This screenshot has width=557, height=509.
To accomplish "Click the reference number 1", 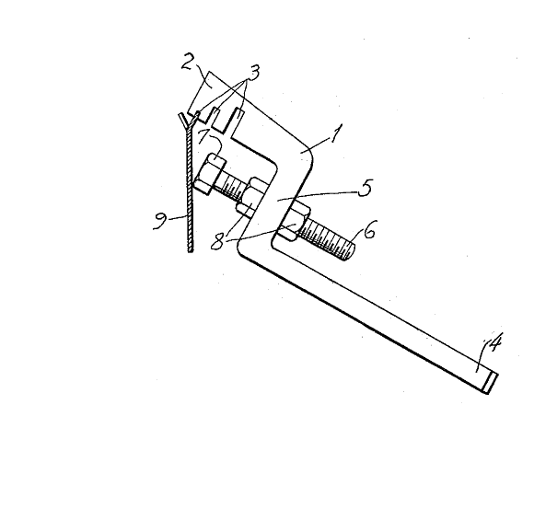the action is [336, 133].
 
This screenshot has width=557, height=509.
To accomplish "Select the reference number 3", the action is [253, 72].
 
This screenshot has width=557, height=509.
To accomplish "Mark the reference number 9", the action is [160, 221].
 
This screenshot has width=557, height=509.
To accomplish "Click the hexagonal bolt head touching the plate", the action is [209, 174].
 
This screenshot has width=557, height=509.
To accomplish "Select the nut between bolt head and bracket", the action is [250, 198].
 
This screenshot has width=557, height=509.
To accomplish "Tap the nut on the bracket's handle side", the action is [294, 222].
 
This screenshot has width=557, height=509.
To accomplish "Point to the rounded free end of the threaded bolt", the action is [350, 251].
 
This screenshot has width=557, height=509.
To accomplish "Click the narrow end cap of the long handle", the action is [492, 383].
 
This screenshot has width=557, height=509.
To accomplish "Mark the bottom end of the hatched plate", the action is [191, 251].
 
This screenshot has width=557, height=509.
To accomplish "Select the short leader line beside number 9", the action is [178, 218].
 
